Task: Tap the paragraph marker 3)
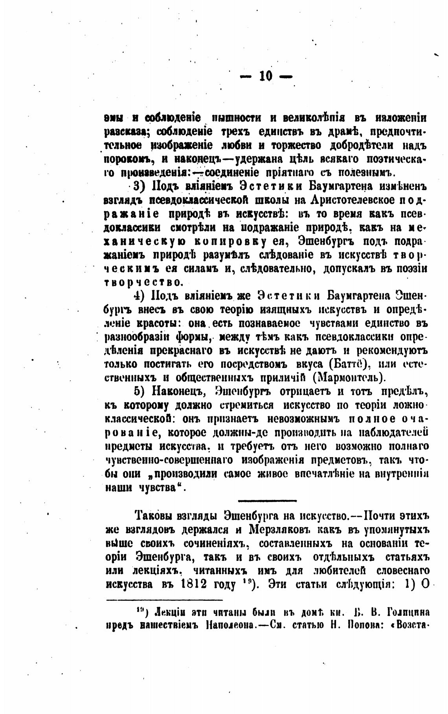coord(140,186)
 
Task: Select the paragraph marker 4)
coord(140,295)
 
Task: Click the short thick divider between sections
coord(267,500)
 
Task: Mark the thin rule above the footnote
coord(165,599)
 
